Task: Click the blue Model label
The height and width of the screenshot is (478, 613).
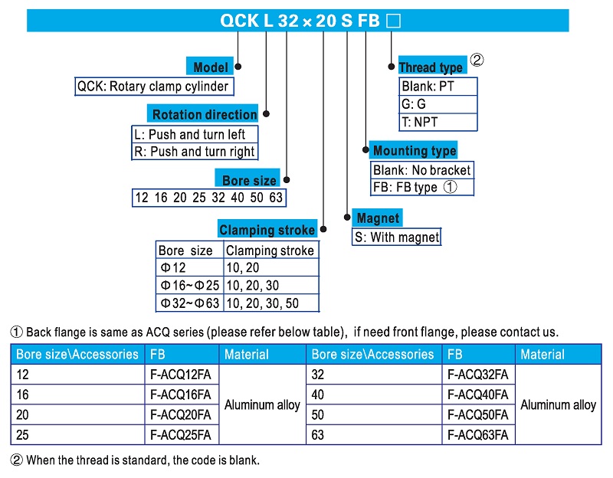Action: click(211, 67)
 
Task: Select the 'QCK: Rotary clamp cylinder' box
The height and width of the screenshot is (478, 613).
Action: click(153, 87)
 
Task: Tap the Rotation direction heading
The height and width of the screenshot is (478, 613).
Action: click(204, 114)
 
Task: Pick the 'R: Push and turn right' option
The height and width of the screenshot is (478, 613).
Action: click(195, 152)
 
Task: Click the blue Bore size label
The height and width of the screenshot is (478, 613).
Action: click(248, 181)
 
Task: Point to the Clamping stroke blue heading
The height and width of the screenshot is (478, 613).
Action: click(267, 230)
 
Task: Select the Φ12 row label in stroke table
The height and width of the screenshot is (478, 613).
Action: click(173, 267)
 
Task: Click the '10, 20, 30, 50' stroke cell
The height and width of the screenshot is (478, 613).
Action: click(262, 303)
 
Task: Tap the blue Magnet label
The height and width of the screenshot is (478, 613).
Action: click(378, 218)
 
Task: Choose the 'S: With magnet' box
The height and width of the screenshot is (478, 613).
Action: click(397, 237)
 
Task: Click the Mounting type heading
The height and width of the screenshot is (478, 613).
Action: click(414, 150)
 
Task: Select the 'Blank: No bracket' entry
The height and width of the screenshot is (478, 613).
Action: click(421, 170)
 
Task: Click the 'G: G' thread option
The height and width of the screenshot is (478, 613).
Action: click(414, 104)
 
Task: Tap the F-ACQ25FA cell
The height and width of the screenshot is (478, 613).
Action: click(180, 435)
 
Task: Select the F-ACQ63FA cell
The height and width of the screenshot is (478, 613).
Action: click(477, 435)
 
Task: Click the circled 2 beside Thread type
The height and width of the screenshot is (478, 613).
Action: click(477, 61)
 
